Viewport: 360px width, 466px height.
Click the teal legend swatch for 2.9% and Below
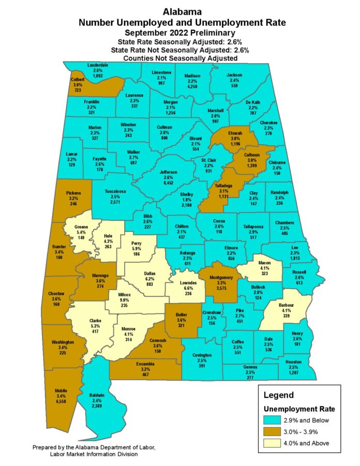[273, 420]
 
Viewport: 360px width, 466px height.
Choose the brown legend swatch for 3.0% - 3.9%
[273, 431]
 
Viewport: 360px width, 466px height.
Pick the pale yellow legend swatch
[273, 443]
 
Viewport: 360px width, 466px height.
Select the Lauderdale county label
[98, 65]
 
